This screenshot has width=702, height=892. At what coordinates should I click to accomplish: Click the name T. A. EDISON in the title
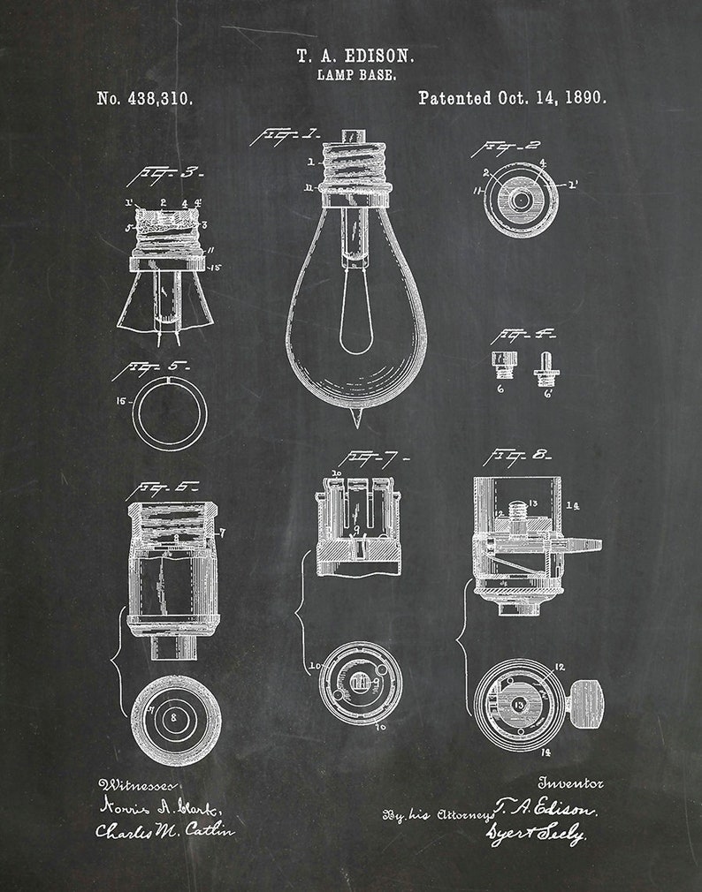click(x=355, y=56)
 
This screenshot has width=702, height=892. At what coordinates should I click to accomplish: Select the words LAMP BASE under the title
click(x=355, y=76)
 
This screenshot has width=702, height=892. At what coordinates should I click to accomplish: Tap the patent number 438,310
click(x=158, y=99)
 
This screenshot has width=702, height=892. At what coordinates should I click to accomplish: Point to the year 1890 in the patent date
click(x=585, y=98)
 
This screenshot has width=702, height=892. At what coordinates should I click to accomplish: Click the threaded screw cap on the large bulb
click(x=355, y=168)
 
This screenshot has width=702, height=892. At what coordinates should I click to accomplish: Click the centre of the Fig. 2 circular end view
click(x=521, y=200)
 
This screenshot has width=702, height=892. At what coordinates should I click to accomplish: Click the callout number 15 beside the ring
click(x=122, y=401)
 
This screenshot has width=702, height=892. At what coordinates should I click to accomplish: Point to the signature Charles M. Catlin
click(x=164, y=830)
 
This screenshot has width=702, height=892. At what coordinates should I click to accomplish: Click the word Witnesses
click(x=137, y=784)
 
